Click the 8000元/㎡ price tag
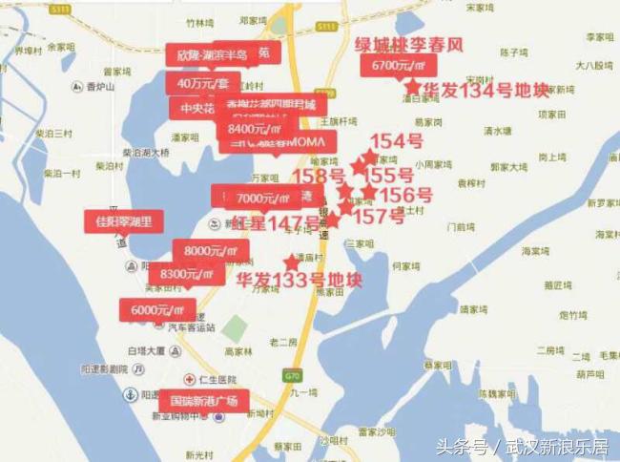(210, 251)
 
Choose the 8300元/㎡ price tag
(187, 275)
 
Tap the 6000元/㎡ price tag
(157, 309)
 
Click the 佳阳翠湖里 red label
(124, 222)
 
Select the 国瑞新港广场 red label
(203, 400)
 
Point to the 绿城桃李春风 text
(408, 45)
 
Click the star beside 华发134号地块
(413, 86)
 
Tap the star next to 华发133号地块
(291, 262)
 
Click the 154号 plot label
(397, 142)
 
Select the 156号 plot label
(405, 195)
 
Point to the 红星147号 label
(277, 223)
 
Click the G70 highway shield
(292, 375)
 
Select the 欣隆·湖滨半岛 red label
(212, 55)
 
